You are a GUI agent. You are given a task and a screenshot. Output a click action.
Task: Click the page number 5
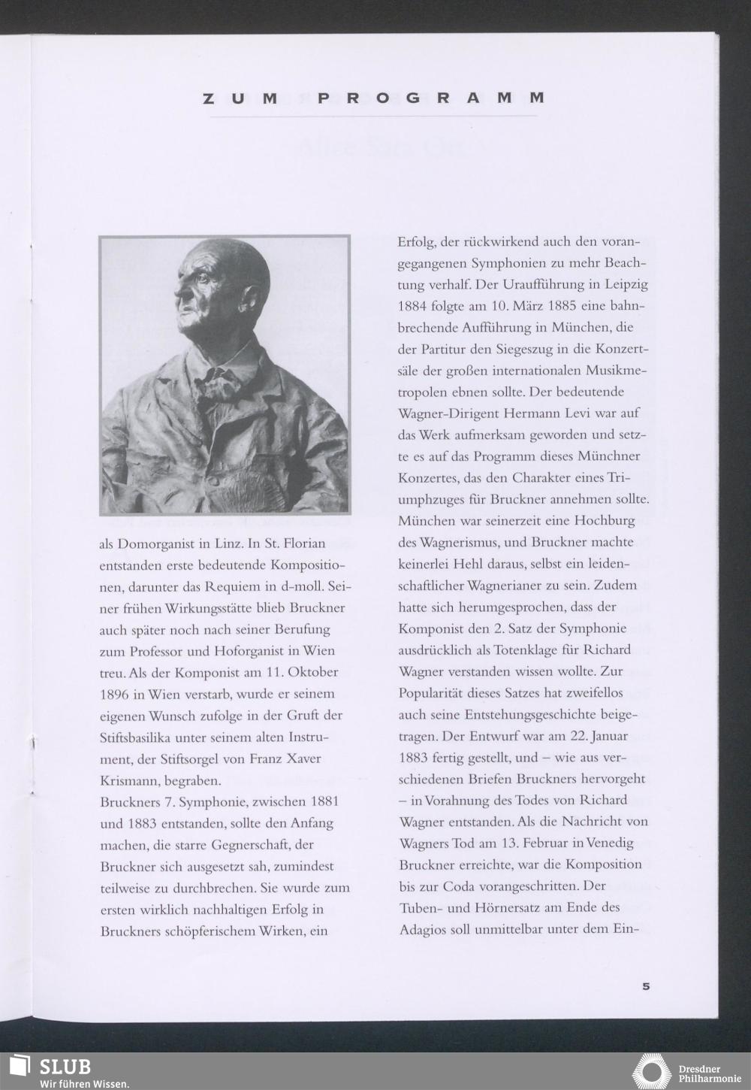645,986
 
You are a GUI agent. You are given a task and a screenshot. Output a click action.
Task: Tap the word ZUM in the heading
240,98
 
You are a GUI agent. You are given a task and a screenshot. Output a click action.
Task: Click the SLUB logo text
65,1067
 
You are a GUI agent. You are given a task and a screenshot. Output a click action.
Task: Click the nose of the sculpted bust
179,292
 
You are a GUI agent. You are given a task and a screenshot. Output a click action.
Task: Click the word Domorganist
158,543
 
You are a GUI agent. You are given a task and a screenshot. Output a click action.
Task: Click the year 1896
113,694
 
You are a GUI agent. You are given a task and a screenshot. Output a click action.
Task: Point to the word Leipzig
623,286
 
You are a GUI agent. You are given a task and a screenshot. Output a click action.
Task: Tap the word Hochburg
604,520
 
